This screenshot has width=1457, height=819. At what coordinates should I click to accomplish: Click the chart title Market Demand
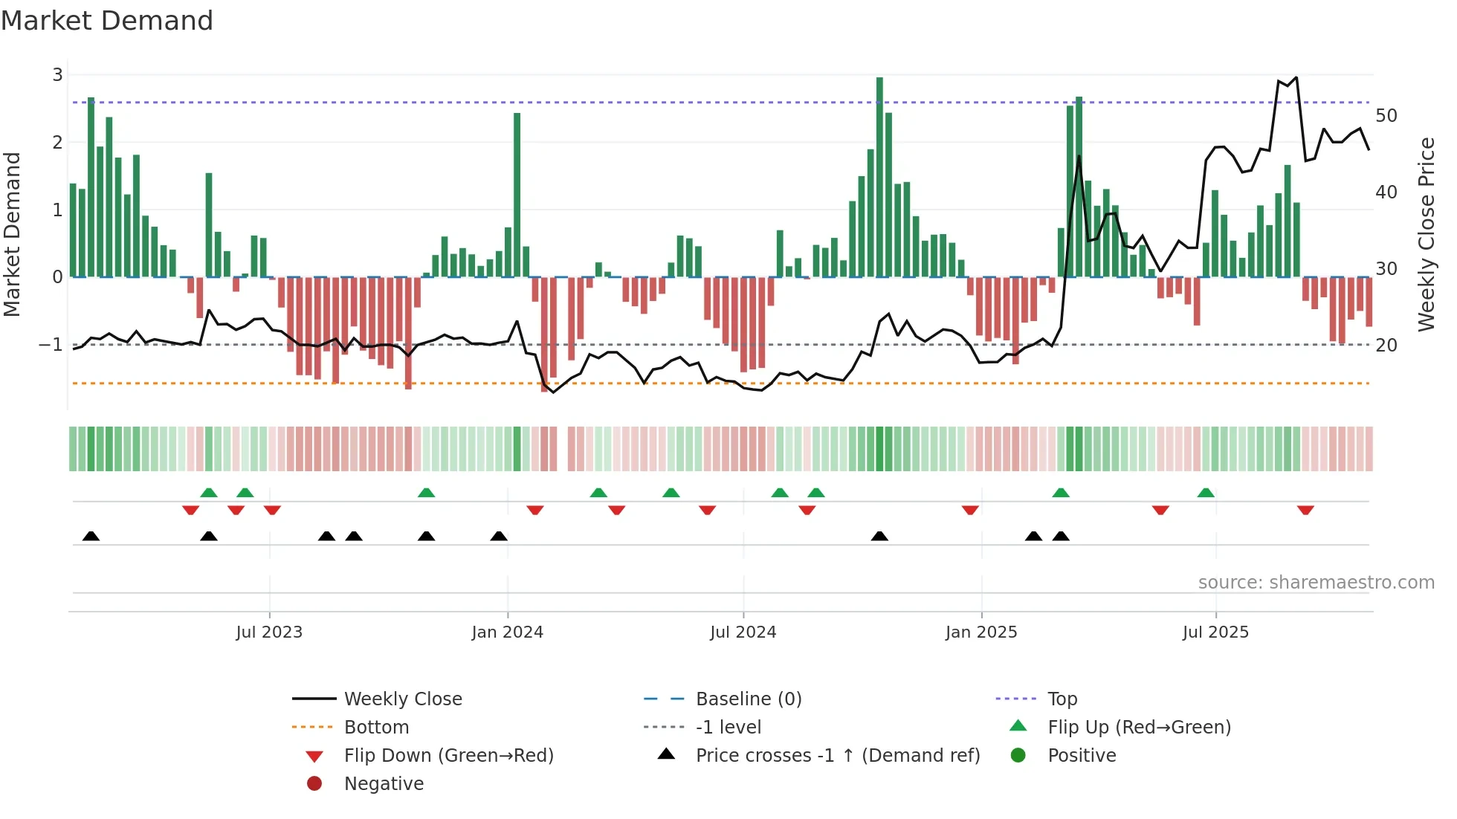[x=107, y=21]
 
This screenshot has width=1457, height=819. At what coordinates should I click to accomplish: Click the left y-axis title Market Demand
[x=13, y=234]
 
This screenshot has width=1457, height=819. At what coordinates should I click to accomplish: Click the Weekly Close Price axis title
[x=1426, y=234]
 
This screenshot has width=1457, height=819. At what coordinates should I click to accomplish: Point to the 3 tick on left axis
[x=57, y=75]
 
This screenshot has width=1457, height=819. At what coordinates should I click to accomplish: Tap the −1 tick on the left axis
[x=51, y=345]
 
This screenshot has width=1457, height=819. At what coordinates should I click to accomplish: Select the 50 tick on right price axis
[x=1386, y=116]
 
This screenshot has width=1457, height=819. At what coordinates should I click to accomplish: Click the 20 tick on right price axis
[x=1386, y=346]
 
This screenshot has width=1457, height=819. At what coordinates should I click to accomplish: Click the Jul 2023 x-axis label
[x=269, y=632]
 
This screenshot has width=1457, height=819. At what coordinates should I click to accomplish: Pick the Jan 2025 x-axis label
[x=981, y=632]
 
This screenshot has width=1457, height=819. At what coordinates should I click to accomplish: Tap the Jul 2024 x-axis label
[x=743, y=632]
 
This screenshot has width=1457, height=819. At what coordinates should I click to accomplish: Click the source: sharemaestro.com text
[x=1316, y=583]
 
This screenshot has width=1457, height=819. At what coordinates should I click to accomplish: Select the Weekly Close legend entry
[x=402, y=699]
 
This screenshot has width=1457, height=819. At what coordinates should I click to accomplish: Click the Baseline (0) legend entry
[x=748, y=699]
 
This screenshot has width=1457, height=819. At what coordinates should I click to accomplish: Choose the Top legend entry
[x=1062, y=699]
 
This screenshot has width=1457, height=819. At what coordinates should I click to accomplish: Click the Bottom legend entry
[x=376, y=728]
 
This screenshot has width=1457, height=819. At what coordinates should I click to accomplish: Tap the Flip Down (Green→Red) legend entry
[x=448, y=756]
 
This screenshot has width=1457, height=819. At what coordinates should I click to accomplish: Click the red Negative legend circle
[x=314, y=784]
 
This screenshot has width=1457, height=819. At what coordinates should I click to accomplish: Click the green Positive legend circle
[x=1018, y=756]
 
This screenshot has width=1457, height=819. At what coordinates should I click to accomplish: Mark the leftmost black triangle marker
[x=91, y=537]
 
